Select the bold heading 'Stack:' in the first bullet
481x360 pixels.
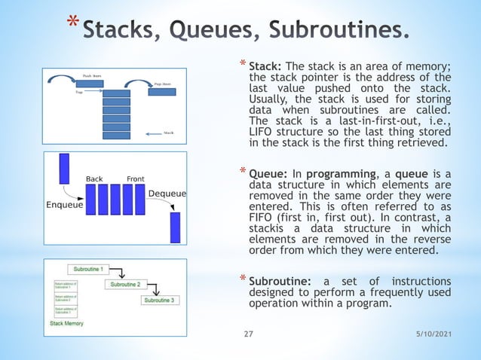(x=265, y=66)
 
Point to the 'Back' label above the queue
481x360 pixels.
(x=94, y=179)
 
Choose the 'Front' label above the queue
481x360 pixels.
(x=136, y=179)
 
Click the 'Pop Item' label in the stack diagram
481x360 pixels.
(x=166, y=84)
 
